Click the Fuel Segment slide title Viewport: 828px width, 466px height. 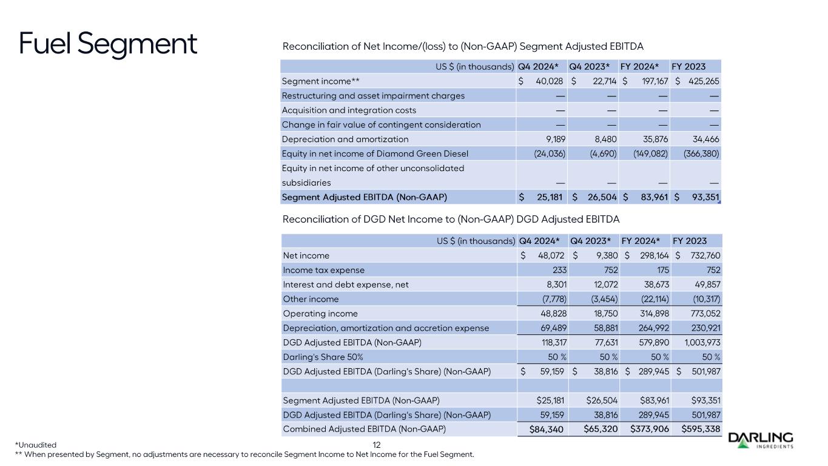tap(108, 43)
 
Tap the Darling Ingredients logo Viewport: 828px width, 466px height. tap(760, 441)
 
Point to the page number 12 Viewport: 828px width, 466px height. tap(376, 445)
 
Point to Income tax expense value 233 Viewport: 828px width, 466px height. tap(557, 270)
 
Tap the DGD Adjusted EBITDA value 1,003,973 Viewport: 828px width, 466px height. tap(698, 343)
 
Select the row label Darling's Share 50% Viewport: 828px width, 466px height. tap(322, 357)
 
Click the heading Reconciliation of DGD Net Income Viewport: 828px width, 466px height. tap(451, 218)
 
